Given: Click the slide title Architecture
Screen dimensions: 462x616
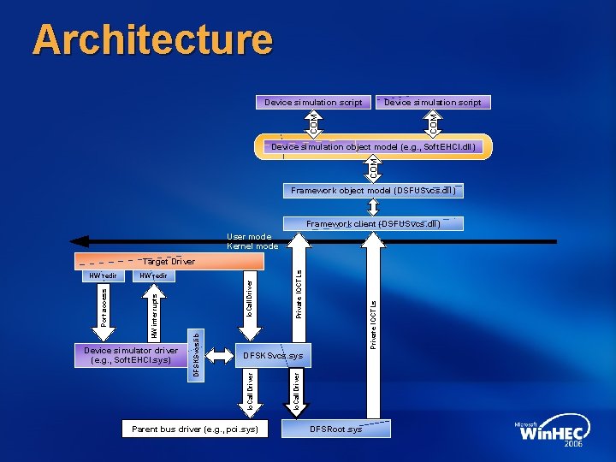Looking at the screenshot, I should (x=152, y=40).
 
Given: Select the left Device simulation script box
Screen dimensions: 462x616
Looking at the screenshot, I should (x=313, y=103).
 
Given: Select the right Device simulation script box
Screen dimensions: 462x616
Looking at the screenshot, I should (x=432, y=103).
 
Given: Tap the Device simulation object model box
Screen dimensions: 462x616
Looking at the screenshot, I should (x=373, y=147).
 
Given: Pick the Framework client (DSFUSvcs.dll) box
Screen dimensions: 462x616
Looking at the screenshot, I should (x=374, y=224).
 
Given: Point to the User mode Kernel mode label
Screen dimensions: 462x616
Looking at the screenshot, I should (x=251, y=241).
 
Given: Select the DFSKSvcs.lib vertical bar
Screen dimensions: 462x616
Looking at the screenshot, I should (x=196, y=356).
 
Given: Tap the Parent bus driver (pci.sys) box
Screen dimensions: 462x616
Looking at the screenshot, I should (x=195, y=428).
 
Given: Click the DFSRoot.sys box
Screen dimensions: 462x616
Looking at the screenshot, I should (x=336, y=428).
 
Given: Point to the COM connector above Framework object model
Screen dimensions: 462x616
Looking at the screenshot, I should (x=374, y=167).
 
